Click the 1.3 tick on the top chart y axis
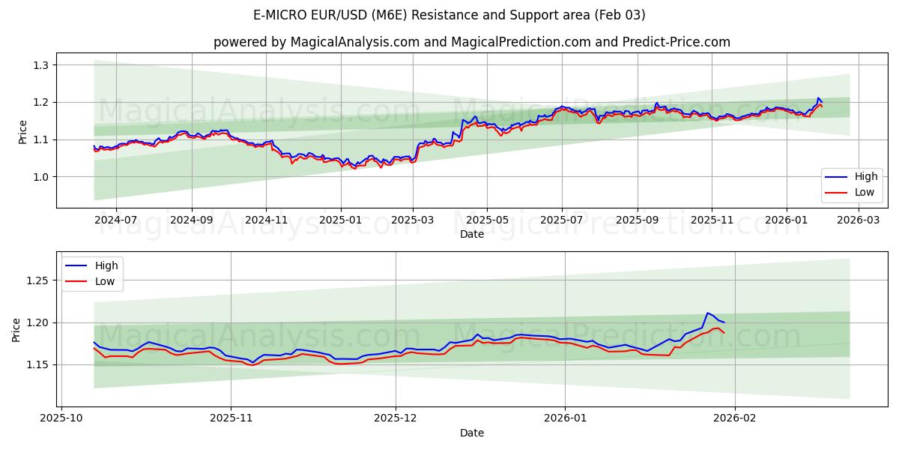[40, 65]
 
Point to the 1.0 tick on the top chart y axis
[40, 177]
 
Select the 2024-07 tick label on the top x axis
[116, 220]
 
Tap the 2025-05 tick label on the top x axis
[487, 220]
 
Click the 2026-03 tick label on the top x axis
[858, 220]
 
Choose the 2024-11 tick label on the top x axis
[266, 220]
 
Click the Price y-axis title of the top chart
[22, 132]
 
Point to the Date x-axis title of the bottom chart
[472, 433]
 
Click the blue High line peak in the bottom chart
[707, 313]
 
